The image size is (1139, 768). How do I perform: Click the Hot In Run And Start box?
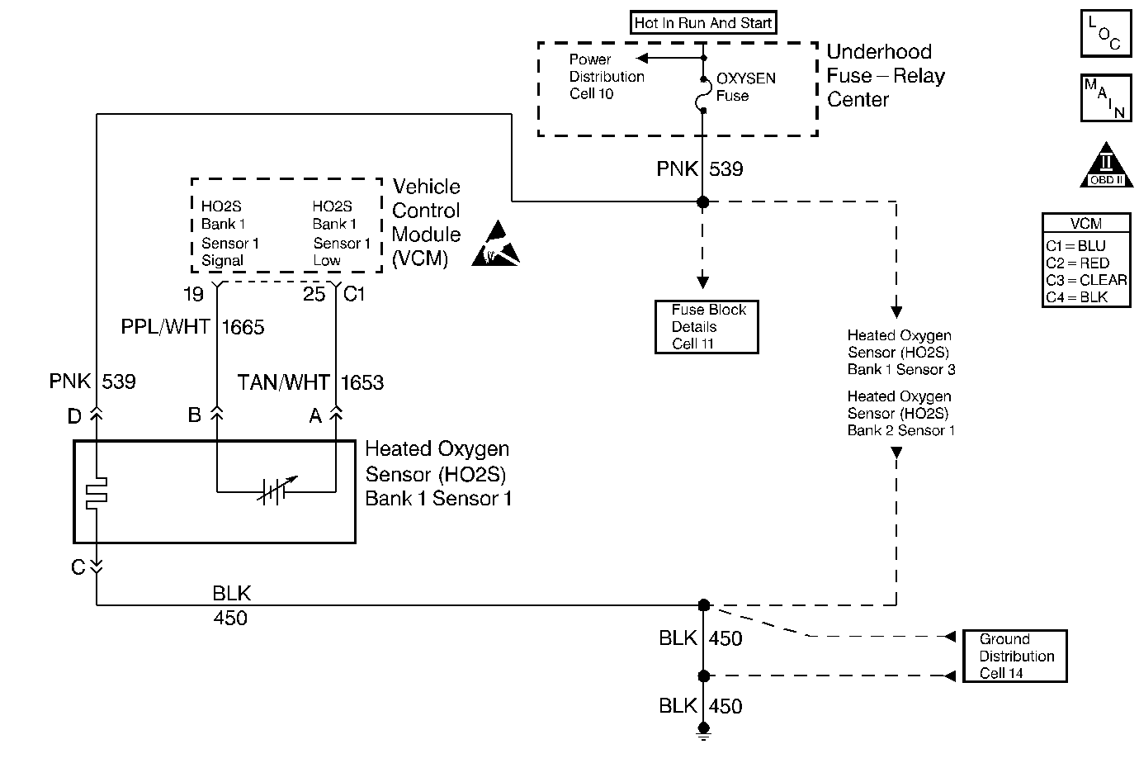click(703, 23)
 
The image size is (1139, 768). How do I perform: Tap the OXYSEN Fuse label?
click(745, 87)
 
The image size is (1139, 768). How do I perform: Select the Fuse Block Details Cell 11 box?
click(707, 327)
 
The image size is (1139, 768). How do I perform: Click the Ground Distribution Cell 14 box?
click(1015, 657)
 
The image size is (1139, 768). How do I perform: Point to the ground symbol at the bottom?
click(703, 730)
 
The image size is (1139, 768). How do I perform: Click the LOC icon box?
click(1106, 33)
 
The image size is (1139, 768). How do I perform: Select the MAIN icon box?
click(1106, 97)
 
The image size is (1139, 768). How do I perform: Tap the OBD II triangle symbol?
click(1106, 168)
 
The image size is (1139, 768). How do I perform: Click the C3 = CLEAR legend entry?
click(1086, 280)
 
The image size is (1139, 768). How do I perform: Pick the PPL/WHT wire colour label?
click(166, 328)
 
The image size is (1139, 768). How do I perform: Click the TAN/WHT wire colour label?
click(283, 383)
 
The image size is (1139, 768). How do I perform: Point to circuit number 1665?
click(243, 328)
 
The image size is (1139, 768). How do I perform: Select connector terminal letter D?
click(74, 417)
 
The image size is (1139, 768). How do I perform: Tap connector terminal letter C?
click(78, 567)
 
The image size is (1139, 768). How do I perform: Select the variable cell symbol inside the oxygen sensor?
click(276, 491)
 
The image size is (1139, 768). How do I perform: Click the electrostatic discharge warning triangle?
click(496, 245)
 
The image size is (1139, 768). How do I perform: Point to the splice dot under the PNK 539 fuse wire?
click(703, 201)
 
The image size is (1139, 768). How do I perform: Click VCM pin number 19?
click(193, 294)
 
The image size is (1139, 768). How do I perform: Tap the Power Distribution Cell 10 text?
click(607, 77)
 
